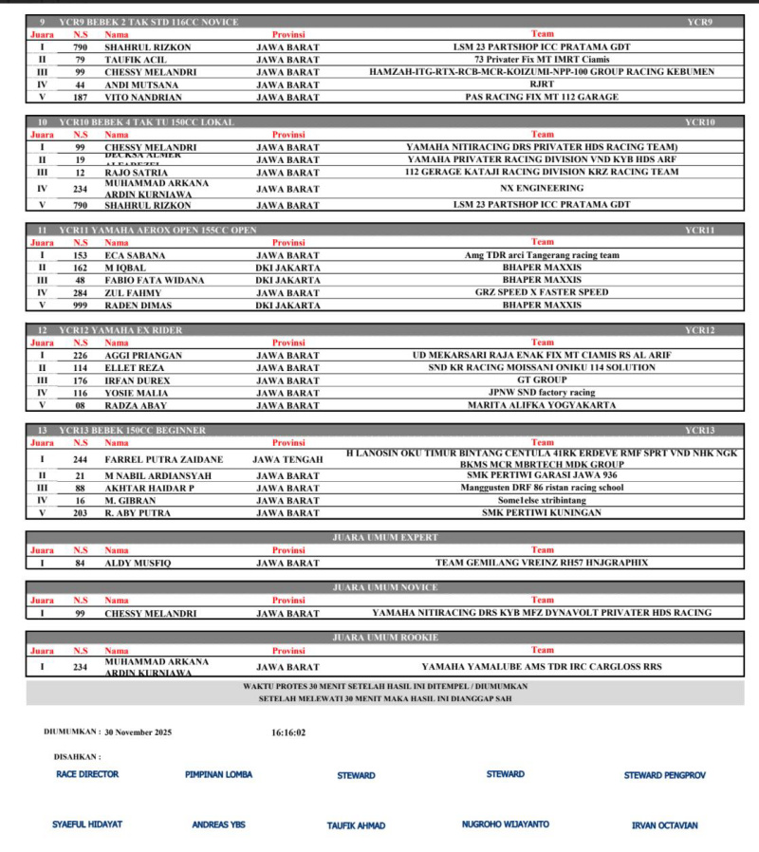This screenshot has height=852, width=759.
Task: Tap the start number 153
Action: click(x=81, y=255)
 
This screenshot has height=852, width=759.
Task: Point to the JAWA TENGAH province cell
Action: click(x=288, y=458)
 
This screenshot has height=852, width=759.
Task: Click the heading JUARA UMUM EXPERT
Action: click(x=384, y=537)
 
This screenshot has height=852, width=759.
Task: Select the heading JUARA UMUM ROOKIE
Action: click(x=384, y=637)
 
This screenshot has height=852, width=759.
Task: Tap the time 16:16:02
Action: click(x=288, y=732)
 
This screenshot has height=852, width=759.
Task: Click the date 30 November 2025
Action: click(x=139, y=732)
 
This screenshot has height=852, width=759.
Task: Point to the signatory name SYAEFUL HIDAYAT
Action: click(x=87, y=824)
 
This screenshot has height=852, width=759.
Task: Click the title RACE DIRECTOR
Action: click(x=87, y=774)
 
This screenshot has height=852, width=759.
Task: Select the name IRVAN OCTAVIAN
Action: click(x=664, y=825)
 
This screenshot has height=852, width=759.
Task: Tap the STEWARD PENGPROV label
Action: click(x=664, y=775)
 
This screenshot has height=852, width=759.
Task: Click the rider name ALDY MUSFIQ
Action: click(x=138, y=563)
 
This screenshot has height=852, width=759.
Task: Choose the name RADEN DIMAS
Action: click(x=139, y=306)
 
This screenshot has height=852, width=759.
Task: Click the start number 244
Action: click(x=81, y=458)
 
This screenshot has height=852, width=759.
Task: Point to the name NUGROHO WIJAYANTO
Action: click(x=506, y=824)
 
